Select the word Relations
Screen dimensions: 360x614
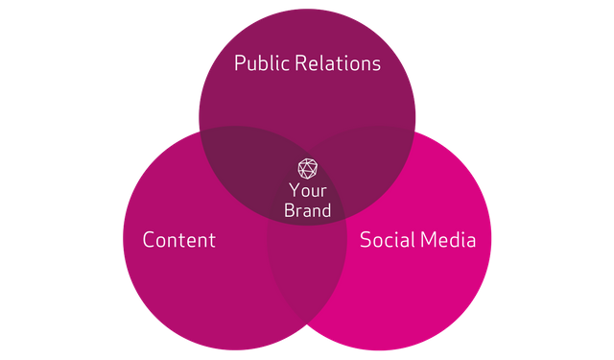(337, 63)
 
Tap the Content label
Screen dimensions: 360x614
(179, 239)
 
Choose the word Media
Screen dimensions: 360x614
(449, 239)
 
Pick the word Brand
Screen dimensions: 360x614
(307, 210)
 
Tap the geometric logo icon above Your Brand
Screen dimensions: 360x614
(307, 169)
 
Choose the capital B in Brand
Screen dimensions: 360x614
(289, 210)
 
